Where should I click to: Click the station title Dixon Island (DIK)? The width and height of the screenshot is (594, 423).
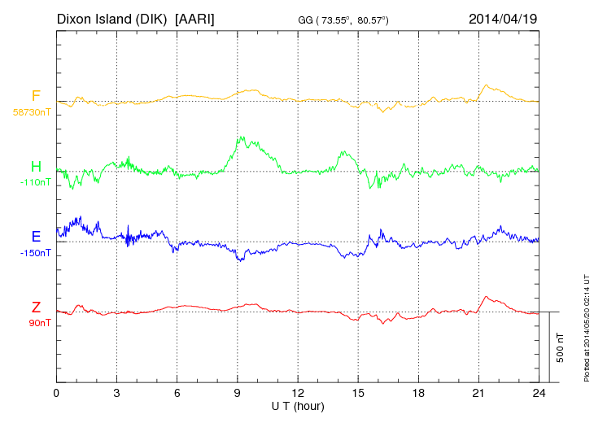point(112,18)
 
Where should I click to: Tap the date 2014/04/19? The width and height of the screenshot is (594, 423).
point(503,18)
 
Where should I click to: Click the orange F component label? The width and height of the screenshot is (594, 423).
point(36,97)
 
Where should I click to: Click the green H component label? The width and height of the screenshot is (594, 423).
point(36,168)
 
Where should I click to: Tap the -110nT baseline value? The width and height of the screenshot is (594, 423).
point(35,182)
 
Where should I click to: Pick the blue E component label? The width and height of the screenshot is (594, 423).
point(36,237)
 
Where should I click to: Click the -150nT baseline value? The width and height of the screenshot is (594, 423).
point(35,252)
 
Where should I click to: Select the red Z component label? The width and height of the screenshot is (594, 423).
point(36,307)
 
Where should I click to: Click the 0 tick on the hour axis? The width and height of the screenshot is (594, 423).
point(56,393)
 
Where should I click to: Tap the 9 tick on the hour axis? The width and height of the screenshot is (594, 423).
point(238,393)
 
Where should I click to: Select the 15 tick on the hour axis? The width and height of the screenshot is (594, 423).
point(358,393)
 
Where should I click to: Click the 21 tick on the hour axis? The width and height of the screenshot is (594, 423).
point(478,393)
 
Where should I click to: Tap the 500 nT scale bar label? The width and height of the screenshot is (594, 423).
point(561,347)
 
